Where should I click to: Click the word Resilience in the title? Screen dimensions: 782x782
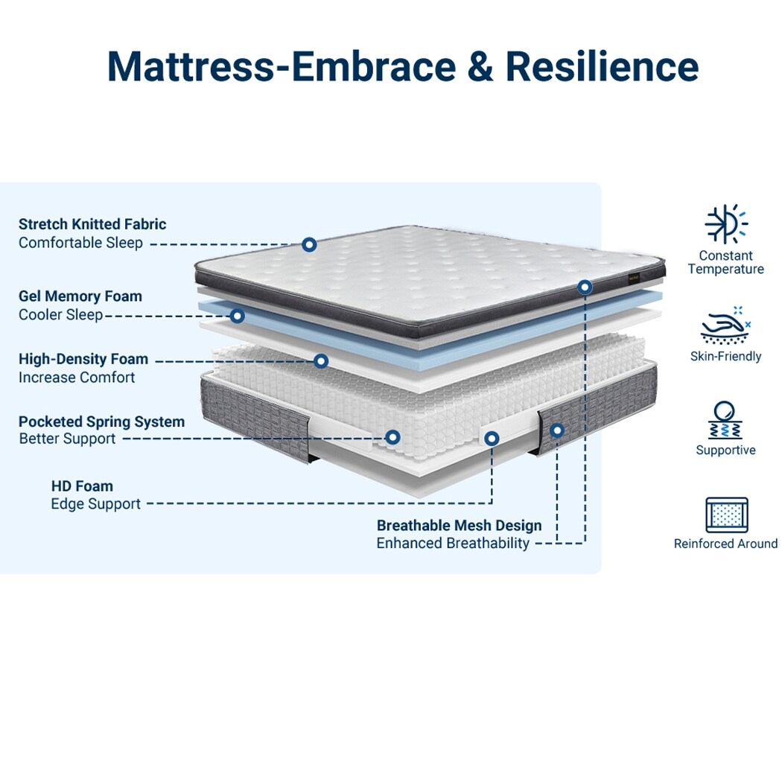pyautogui.click(x=602, y=67)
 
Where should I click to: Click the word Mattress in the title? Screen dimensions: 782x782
pyautogui.click(x=190, y=67)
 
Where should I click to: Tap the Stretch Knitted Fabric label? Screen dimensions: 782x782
pyautogui.click(x=92, y=224)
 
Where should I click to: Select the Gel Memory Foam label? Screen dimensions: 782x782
pyautogui.click(x=80, y=296)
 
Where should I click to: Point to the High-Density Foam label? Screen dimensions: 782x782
pyautogui.click(x=83, y=359)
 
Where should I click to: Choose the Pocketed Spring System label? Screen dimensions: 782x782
pyautogui.click(x=101, y=422)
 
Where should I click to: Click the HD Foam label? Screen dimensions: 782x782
pyautogui.click(x=82, y=486)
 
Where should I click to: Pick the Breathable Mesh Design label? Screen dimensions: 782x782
pyautogui.click(x=459, y=526)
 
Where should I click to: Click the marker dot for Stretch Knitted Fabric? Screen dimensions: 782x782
pyautogui.click(x=309, y=244)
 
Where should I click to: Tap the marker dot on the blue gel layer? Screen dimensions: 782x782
pyautogui.click(x=237, y=316)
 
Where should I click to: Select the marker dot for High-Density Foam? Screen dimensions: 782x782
pyautogui.click(x=321, y=361)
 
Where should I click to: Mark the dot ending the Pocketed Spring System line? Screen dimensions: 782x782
pyautogui.click(x=392, y=437)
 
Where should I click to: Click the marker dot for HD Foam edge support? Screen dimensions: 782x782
pyautogui.click(x=492, y=439)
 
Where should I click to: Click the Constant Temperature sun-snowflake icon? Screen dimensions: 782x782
pyautogui.click(x=725, y=223)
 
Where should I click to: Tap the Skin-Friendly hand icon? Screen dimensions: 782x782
pyautogui.click(x=725, y=325)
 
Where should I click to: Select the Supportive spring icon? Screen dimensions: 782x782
pyautogui.click(x=725, y=420)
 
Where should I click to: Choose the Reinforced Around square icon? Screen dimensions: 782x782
pyautogui.click(x=726, y=515)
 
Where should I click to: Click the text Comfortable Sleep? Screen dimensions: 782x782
pyautogui.click(x=80, y=243)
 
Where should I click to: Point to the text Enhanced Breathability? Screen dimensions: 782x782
pyautogui.click(x=453, y=544)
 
